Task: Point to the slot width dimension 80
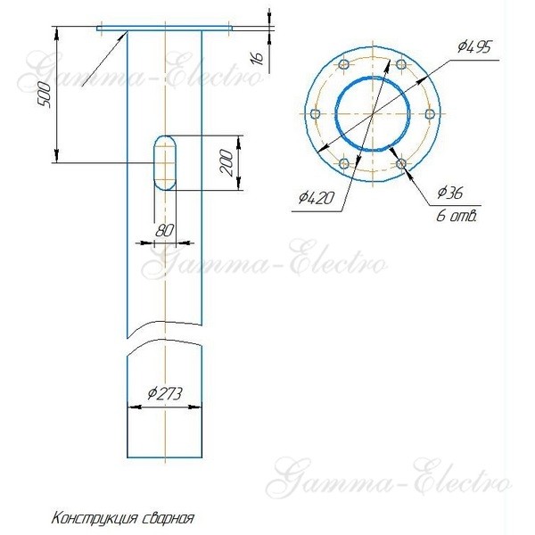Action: [164, 229]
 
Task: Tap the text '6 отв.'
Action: [457, 215]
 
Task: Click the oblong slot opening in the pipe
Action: [164, 161]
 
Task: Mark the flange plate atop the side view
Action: [165, 29]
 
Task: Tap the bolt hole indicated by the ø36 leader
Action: [402, 163]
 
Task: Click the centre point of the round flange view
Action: [373, 114]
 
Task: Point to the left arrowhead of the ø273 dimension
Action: [133, 407]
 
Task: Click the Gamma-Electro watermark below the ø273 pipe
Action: [392, 480]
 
